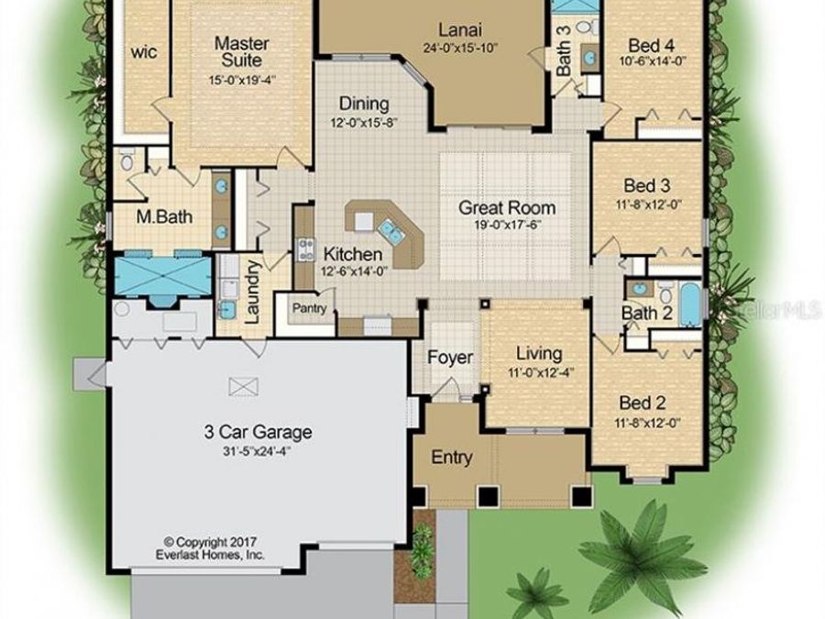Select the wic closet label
pyautogui.click(x=144, y=51)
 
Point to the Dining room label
pyautogui.click(x=364, y=104)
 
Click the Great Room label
pyautogui.click(x=507, y=207)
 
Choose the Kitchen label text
pyautogui.click(x=352, y=254)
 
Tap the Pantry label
pyautogui.click(x=310, y=309)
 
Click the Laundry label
pyautogui.click(x=254, y=290)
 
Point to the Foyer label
pyautogui.click(x=450, y=357)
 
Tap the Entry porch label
pyautogui.click(x=452, y=457)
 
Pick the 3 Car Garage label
pyautogui.click(x=258, y=432)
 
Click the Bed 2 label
pyautogui.click(x=642, y=403)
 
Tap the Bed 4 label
pyautogui.click(x=651, y=44)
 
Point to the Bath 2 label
pyautogui.click(x=647, y=314)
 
